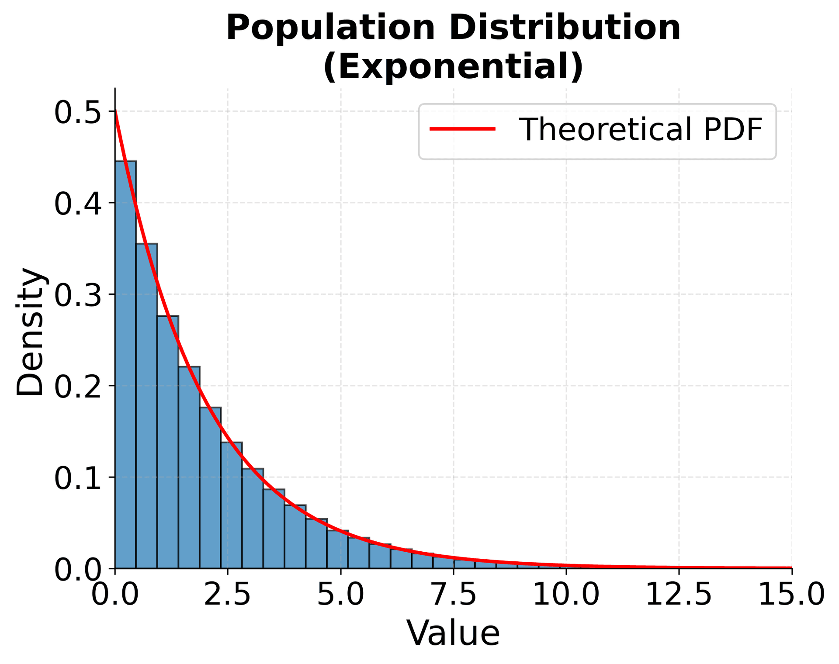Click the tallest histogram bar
coord(125,365)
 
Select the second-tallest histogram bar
coord(147,406)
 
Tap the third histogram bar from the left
coord(168,442)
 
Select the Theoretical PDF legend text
coord(641,129)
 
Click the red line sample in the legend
coord(463,129)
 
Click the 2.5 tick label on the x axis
coord(227,595)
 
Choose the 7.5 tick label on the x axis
coord(453,595)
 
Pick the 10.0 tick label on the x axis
coord(566,595)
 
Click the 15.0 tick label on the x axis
coord(791,595)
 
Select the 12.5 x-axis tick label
coord(679,595)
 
